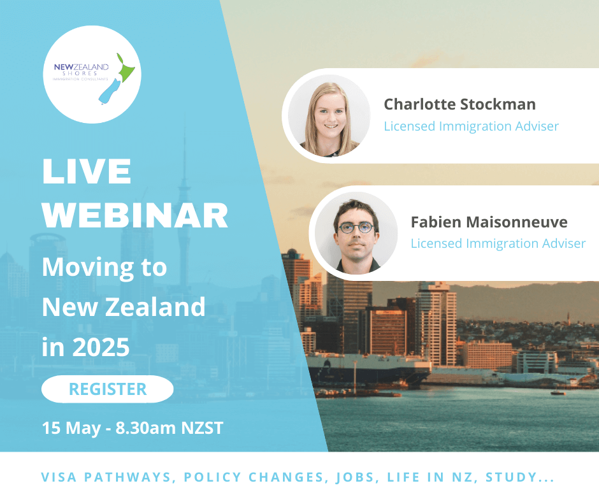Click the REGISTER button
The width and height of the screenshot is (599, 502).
[107, 389]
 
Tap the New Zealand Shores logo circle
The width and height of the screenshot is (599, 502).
[92, 75]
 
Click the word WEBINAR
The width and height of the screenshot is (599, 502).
[135, 215]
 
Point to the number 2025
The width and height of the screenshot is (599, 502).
[101, 347]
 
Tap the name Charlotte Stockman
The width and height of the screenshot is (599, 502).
[459, 104]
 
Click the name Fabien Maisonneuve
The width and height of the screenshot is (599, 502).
[489, 222]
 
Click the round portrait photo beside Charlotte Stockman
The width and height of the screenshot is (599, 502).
[329, 115]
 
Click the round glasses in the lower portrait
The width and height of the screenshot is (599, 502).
[356, 228]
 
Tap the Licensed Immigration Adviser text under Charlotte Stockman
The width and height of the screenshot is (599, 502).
[471, 126]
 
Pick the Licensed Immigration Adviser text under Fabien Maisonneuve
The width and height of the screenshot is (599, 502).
[498, 243]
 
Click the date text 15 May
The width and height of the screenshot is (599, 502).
[71, 428]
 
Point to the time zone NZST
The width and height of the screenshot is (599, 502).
[202, 428]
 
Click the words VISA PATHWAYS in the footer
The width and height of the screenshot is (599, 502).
[107, 477]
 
